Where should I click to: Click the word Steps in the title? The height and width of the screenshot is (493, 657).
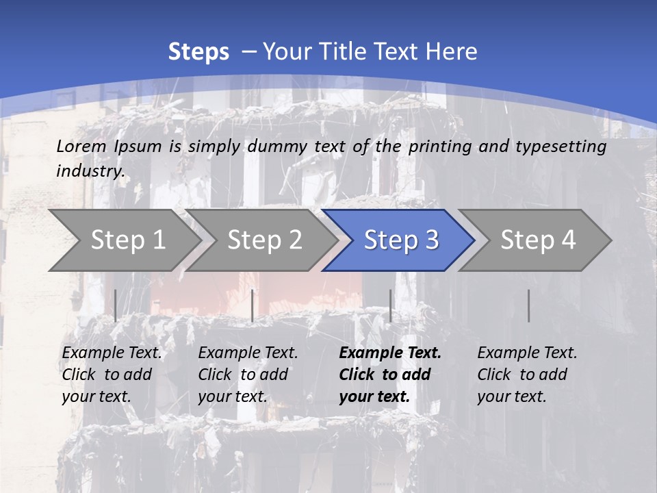pyautogui.click(x=198, y=52)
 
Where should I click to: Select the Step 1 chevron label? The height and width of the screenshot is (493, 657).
pyautogui.click(x=128, y=240)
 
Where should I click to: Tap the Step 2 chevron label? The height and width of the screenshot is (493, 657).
pyautogui.click(x=265, y=240)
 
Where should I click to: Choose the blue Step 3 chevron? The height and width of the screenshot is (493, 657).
pyautogui.click(x=401, y=240)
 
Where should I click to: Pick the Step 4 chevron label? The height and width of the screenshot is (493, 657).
pyautogui.click(x=538, y=240)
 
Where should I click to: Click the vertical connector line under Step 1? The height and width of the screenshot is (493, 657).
pyautogui.click(x=116, y=305)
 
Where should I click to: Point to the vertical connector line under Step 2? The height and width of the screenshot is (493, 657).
pyautogui.click(x=253, y=305)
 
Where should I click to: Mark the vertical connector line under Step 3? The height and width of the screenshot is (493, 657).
pyautogui.click(x=390, y=305)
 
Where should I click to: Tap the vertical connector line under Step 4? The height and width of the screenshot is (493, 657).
pyautogui.click(x=528, y=305)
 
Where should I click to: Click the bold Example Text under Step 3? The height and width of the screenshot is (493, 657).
pyautogui.click(x=390, y=353)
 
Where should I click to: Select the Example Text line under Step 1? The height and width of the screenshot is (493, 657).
pyautogui.click(x=112, y=353)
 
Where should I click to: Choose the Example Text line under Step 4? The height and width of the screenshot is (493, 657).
pyautogui.click(x=527, y=353)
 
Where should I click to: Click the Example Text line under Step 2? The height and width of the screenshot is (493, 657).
pyautogui.click(x=248, y=353)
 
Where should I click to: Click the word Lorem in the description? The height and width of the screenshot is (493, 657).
pyautogui.click(x=81, y=147)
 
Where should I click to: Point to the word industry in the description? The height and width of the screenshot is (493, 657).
pyautogui.click(x=90, y=171)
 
